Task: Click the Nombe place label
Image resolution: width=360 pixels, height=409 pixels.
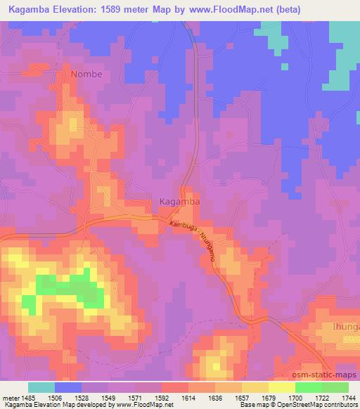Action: click(x=86, y=74)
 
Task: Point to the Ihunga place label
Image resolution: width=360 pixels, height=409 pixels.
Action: click(x=344, y=327)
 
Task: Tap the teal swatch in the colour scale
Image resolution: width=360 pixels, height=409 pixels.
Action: click(x=41, y=387)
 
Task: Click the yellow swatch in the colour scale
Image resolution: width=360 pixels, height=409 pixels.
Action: click(x=281, y=387)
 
